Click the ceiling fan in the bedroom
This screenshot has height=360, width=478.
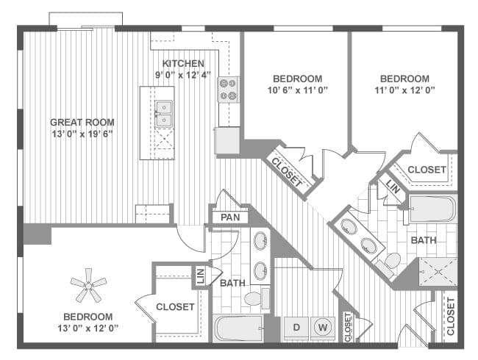click(x=88, y=285)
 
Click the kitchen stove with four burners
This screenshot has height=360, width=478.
click(x=228, y=90)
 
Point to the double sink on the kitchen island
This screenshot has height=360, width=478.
click(x=163, y=114)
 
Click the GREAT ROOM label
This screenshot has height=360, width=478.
click(x=82, y=122)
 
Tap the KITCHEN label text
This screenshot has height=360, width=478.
click(x=183, y=63)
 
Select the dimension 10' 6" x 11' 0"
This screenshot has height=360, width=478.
click(x=297, y=90)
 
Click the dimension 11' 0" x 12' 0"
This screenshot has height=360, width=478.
click(x=404, y=90)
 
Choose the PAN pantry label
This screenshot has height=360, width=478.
click(x=229, y=217)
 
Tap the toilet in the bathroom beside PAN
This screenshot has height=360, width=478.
click(x=253, y=298)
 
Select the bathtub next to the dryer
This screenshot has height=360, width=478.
click(x=238, y=328)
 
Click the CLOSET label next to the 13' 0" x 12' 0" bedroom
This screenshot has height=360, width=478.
click(x=176, y=306)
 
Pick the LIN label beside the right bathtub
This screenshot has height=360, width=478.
click(x=393, y=188)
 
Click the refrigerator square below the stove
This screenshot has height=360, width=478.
click(x=227, y=140)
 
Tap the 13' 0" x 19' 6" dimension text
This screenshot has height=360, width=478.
click(x=82, y=134)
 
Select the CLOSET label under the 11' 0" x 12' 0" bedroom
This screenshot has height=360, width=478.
click(x=427, y=170)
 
